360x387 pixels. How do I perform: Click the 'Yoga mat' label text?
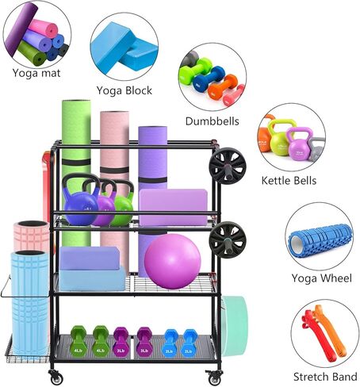[36, 73]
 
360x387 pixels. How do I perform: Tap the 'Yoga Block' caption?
[124, 90]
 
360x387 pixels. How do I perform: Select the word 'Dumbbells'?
[213, 121]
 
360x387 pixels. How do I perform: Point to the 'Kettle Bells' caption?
[289, 181]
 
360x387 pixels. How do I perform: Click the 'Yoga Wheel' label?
[322, 278]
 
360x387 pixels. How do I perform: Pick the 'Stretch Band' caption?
[325, 377]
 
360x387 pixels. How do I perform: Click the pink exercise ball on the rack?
[173, 262]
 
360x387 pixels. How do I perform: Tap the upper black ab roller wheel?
[228, 166]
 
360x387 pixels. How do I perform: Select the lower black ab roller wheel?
[228, 239]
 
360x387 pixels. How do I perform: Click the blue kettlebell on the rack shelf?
[80, 201]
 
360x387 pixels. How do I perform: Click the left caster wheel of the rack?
[56, 377]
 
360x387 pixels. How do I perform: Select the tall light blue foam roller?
[29, 303]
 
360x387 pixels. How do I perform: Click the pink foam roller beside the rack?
[32, 236]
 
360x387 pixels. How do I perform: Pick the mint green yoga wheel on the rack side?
[234, 326]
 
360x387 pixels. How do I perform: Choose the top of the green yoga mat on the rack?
[76, 102]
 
